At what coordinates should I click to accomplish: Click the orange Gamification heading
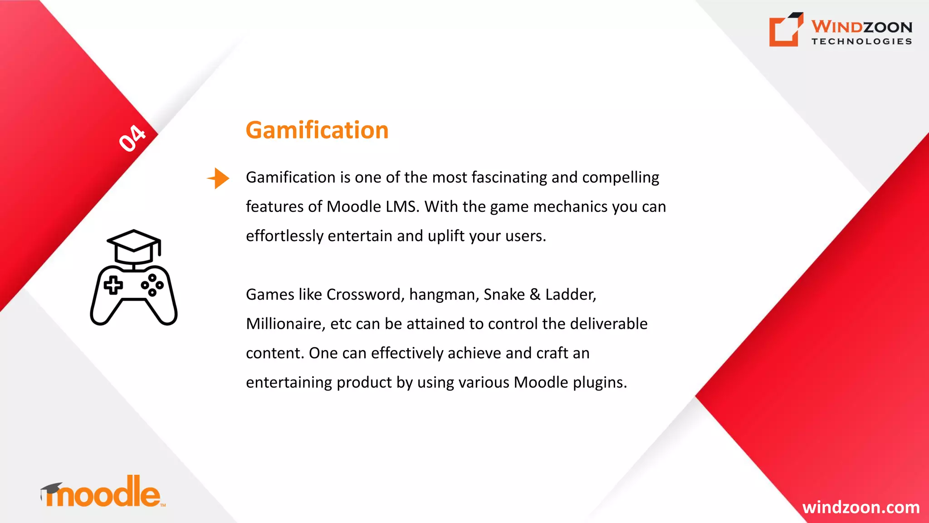317,130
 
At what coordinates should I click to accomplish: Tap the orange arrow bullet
219,178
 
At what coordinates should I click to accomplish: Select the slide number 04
132,138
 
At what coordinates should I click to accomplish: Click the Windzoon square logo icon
786,30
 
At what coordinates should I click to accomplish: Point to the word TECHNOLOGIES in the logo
861,41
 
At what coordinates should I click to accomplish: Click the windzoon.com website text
861,507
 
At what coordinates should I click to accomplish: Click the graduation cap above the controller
134,246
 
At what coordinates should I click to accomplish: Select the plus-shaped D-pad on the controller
113,286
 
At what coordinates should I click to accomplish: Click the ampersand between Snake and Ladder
535,295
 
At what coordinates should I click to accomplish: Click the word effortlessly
284,236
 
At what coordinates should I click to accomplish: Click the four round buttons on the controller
152,285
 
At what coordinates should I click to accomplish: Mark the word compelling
620,178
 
